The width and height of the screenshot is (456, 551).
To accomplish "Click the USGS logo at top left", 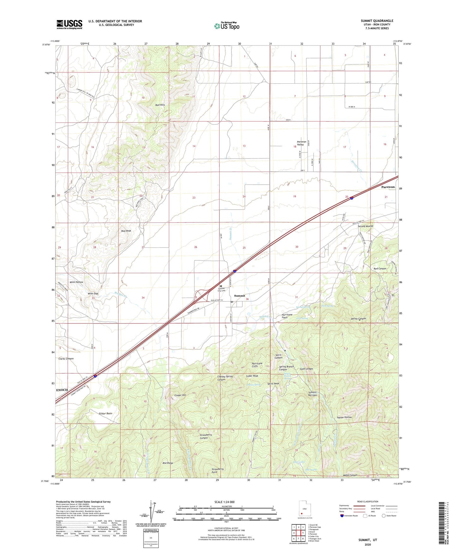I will pyautogui.click(x=69, y=24).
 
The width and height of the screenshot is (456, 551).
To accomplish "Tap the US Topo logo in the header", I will pyautogui.click(x=227, y=26).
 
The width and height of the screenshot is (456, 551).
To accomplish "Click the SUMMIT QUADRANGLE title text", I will pyautogui.click(x=377, y=21).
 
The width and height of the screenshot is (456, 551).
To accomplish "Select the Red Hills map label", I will pyautogui.click(x=160, y=105).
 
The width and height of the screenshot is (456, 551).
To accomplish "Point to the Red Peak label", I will pyautogui.click(x=126, y=231).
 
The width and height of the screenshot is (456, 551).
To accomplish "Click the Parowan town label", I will pyautogui.click(x=388, y=187).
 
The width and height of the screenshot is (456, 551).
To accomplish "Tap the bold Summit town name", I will pyautogui.click(x=240, y=296).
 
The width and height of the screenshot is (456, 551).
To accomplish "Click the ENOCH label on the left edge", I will pyautogui.click(x=62, y=390).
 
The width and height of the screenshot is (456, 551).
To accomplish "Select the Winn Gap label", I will pyautogui.click(x=93, y=293).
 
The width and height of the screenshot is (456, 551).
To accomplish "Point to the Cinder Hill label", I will pyautogui.click(x=180, y=395).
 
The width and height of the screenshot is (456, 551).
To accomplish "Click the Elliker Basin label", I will pyautogui.click(x=105, y=413).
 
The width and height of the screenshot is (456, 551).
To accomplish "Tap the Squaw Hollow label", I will pyautogui.click(x=344, y=417).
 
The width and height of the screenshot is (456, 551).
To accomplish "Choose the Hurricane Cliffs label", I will pyautogui.click(x=257, y=365).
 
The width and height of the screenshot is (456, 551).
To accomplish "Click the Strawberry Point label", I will pyautogui.click(x=218, y=471).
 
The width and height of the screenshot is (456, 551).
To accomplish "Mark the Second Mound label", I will pyautogui.click(x=365, y=226).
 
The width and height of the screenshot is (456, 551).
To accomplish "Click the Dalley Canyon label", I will pyautogui.click(x=358, y=319).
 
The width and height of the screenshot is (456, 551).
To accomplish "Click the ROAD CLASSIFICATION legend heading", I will pyautogui.click(x=368, y=501).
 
